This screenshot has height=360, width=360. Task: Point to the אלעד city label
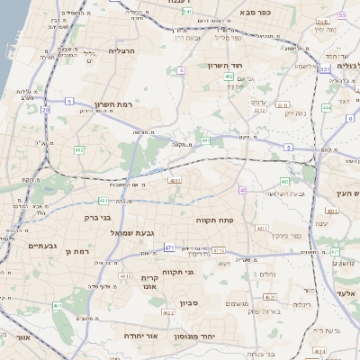(x=346, y=294)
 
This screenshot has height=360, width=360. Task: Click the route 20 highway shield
(x=45, y=110)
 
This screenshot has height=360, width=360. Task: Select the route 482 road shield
(x=79, y=149)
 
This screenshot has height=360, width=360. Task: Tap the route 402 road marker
(x=229, y=77)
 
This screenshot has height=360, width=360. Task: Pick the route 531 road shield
(x=324, y=68)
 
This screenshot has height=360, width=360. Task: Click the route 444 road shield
(x=327, y=107)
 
